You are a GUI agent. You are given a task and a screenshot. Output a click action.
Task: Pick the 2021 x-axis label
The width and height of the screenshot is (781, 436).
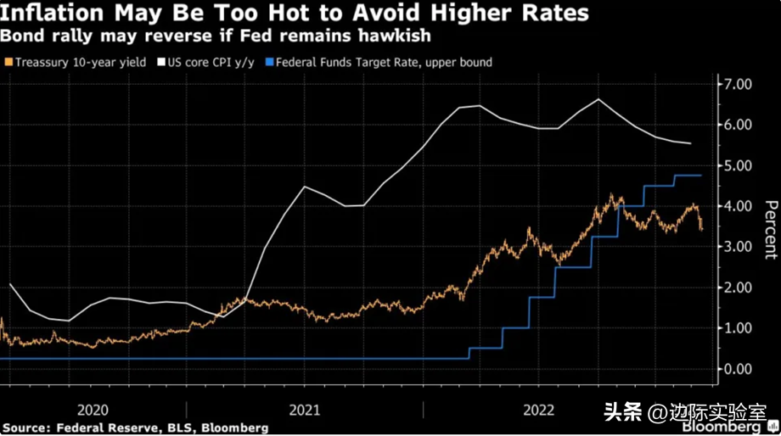coord(304,410)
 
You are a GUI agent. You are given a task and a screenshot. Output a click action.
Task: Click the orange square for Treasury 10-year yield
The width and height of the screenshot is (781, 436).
coord(8,62)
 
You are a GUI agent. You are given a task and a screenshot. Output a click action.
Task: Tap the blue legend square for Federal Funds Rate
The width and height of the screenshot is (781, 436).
coord(270,62)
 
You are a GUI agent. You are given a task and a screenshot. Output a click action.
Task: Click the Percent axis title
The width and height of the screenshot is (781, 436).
coord(770,229)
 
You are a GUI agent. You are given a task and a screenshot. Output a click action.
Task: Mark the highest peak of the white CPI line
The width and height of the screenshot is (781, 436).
coord(598,99)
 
